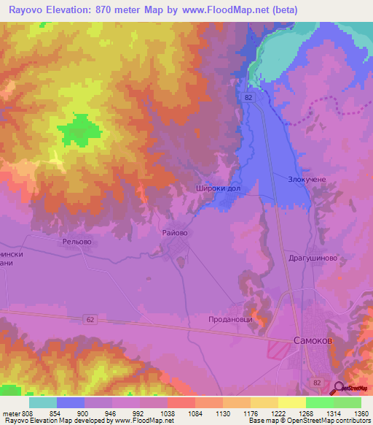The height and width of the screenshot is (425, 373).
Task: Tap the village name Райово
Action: [x=175, y=232]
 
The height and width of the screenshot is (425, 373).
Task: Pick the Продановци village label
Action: [x=230, y=319]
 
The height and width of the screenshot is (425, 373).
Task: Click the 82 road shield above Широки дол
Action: [x=250, y=97]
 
